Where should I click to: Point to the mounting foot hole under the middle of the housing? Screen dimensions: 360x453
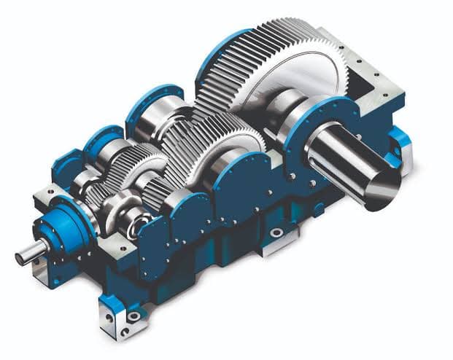tap(276, 232)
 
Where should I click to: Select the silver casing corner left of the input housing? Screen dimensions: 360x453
tap(44, 197)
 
